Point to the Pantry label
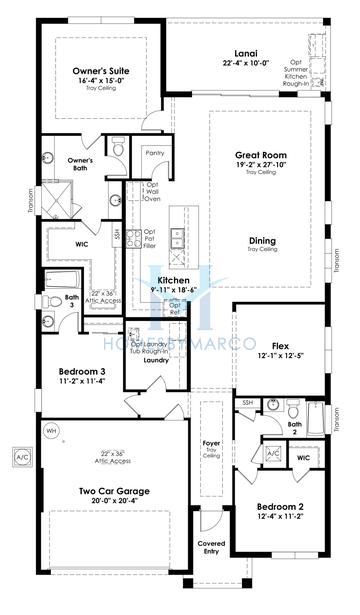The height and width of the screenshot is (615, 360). pyautogui.click(x=154, y=153)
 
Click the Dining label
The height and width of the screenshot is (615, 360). pyautogui.click(x=263, y=241)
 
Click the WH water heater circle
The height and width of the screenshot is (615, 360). pyautogui.click(x=52, y=431)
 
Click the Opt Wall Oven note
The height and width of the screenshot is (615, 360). pyautogui.click(x=153, y=191)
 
